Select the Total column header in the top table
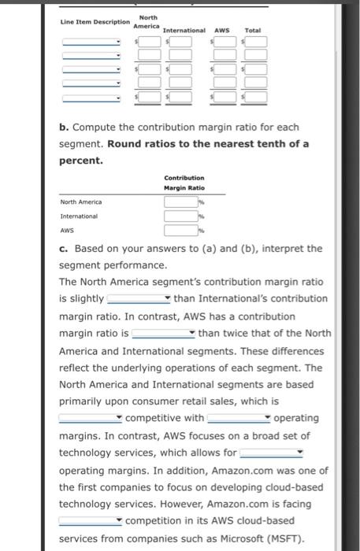(252, 31)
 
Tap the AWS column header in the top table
(221, 31)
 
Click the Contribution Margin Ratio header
(184, 183)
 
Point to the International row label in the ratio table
(79, 216)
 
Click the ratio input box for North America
(180, 202)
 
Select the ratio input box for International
(180, 216)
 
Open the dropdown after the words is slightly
(139, 299)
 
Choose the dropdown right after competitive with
(239, 418)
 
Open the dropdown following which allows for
(272, 453)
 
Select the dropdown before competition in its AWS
(91, 521)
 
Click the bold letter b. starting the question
(64, 127)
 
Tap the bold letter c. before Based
(64, 248)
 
